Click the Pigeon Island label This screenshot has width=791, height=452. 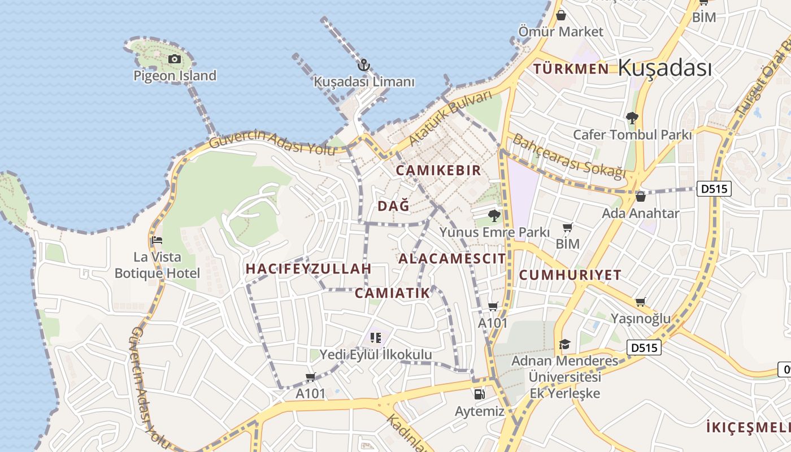click(175, 75)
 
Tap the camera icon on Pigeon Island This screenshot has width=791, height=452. click(175, 59)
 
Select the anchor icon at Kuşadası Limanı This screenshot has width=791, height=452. click(364, 65)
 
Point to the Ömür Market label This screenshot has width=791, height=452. click(561, 32)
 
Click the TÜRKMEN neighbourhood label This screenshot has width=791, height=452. click(571, 69)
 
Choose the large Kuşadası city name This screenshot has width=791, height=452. click(664, 68)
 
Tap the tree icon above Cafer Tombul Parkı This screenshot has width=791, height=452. click(632, 118)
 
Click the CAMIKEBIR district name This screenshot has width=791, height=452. click(438, 170)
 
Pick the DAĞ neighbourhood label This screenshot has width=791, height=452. click(393, 206)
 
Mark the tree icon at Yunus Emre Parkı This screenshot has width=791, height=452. click(494, 215)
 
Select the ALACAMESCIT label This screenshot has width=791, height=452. click(452, 259)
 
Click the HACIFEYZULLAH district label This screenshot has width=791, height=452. click(308, 269)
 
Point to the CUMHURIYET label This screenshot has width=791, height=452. click(570, 275)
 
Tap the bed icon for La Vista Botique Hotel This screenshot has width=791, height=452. click(157, 240)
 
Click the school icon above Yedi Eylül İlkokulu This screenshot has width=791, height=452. click(375, 338)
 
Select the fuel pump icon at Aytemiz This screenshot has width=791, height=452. click(479, 394)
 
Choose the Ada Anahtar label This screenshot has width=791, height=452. click(640, 214)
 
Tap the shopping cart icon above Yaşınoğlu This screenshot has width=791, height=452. click(640, 302)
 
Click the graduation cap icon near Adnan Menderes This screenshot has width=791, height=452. click(564, 344)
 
